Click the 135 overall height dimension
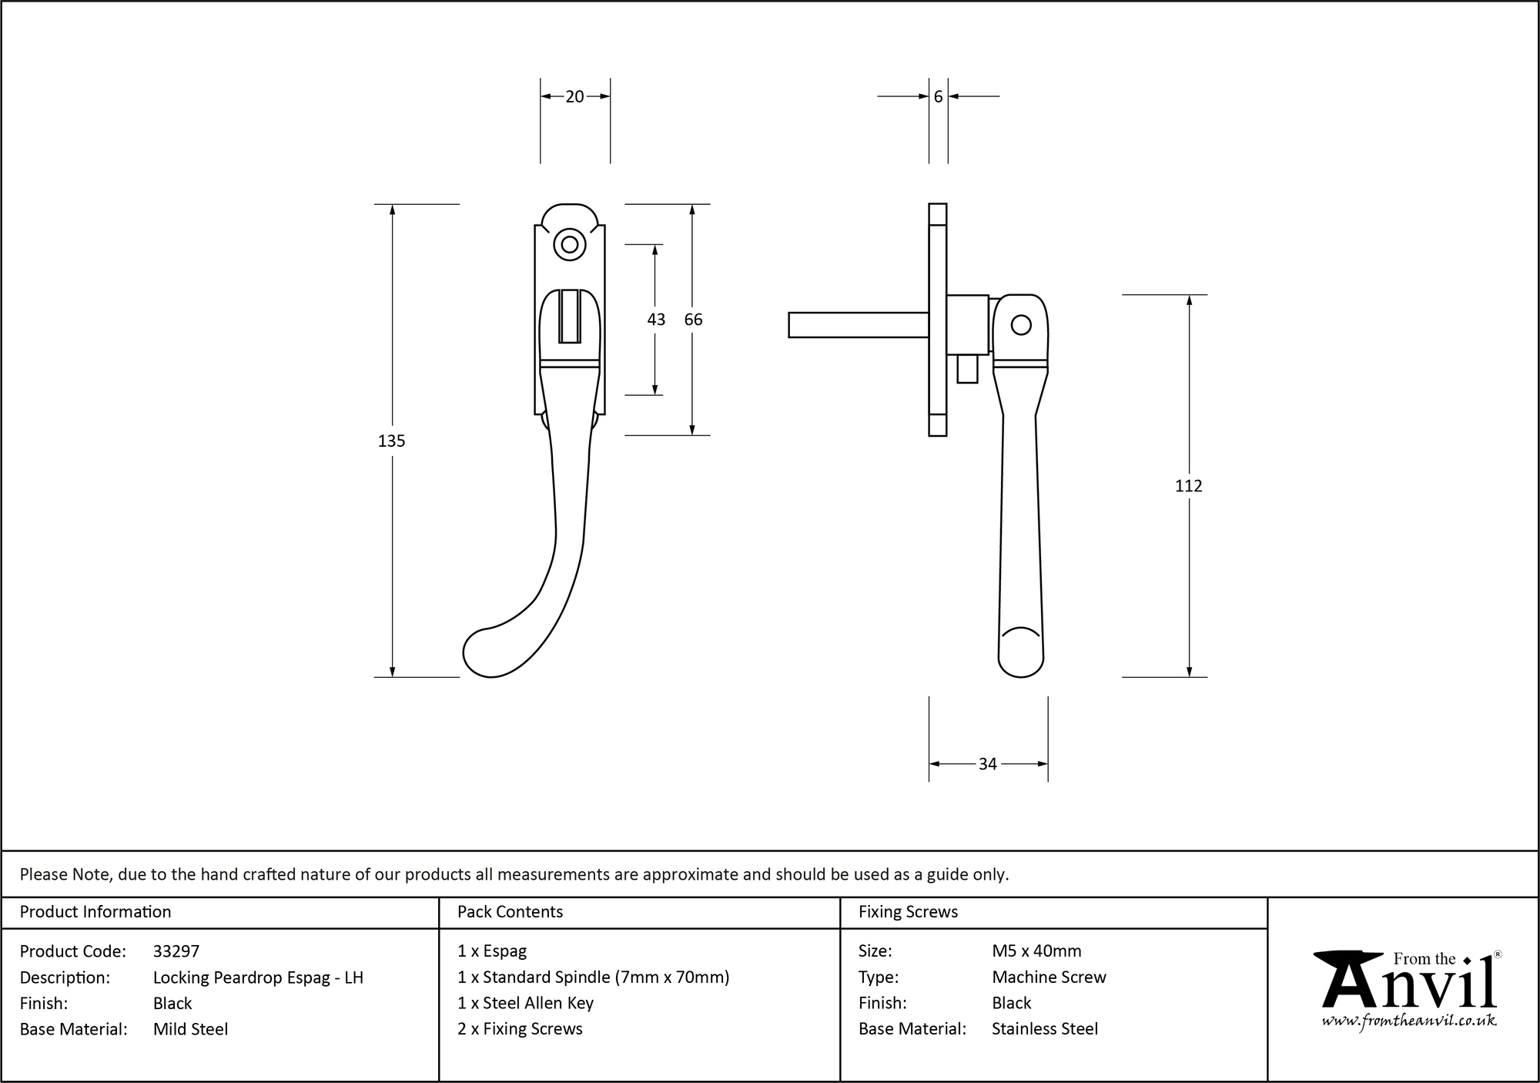[391, 441]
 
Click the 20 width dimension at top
[574, 96]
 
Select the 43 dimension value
[656, 320]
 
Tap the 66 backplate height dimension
[693, 320]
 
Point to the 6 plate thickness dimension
[938, 96]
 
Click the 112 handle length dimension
[1188, 486]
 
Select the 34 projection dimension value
[987, 764]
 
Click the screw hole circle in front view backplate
[570, 245]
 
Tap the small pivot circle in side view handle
[1021, 325]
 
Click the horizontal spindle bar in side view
[858, 325]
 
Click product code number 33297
[176, 951]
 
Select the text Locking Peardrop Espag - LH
[258, 977]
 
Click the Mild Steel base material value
[190, 1029]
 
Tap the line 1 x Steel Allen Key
[525, 1003]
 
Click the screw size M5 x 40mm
[1036, 951]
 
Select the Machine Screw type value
[1049, 977]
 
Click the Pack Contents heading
[510, 912]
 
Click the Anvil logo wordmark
[1409, 986]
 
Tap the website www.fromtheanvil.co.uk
[1409, 1021]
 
